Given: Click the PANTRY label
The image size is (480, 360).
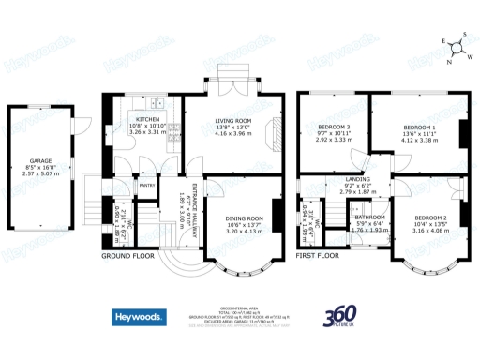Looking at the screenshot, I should [x=146, y=186].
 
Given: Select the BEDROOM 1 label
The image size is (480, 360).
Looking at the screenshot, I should [x=419, y=127].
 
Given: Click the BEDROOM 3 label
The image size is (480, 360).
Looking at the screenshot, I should [x=333, y=127].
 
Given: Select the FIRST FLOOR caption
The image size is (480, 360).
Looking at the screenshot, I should [x=319, y=254].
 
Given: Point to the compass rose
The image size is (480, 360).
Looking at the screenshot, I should [x=457, y=46].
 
